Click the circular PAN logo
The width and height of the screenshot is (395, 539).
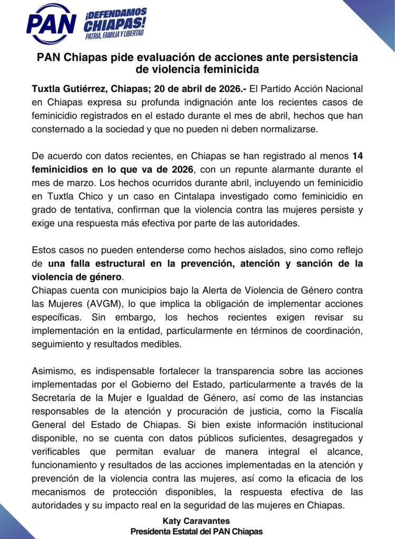(51, 24)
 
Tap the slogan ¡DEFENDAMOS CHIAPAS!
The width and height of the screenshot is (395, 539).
(116, 19)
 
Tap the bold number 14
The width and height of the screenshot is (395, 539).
(357, 156)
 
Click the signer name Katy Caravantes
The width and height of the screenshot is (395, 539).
(196, 521)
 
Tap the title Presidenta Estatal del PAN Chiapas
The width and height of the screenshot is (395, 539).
(196, 531)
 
